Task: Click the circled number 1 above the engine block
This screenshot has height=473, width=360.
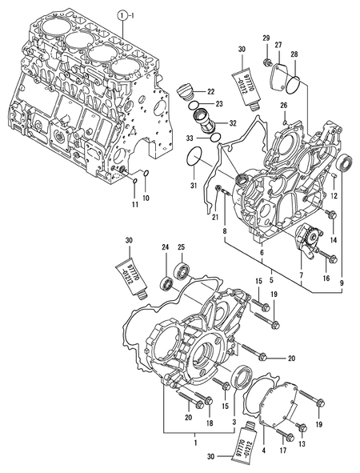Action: pyautogui.click(x=122, y=15)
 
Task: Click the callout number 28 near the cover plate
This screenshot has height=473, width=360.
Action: pyautogui.click(x=295, y=54)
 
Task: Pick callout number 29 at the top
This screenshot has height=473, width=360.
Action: pyautogui.click(x=266, y=38)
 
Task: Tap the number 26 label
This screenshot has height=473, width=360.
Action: pyautogui.click(x=283, y=105)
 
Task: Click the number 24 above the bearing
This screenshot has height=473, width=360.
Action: pyautogui.click(x=165, y=247)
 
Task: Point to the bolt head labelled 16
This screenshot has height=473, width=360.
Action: pyautogui.click(x=332, y=258)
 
